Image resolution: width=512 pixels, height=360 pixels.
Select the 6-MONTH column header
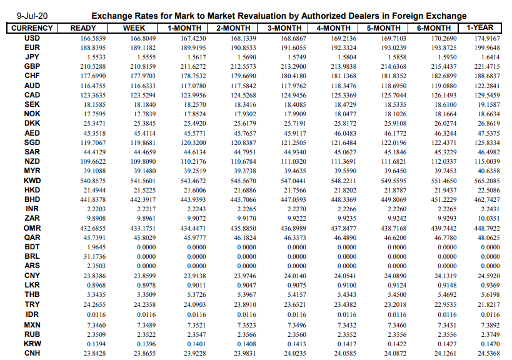tap(433, 28)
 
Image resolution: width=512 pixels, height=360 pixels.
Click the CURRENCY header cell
tap(32, 28)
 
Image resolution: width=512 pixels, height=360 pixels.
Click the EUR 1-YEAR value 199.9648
tap(488, 47)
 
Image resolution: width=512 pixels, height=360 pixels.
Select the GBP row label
tap(33, 66)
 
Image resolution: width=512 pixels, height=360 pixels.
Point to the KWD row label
tap(33, 179)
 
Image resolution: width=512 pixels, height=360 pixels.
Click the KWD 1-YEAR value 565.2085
tap(488, 179)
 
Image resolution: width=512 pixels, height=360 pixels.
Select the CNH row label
tap(33, 353)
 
